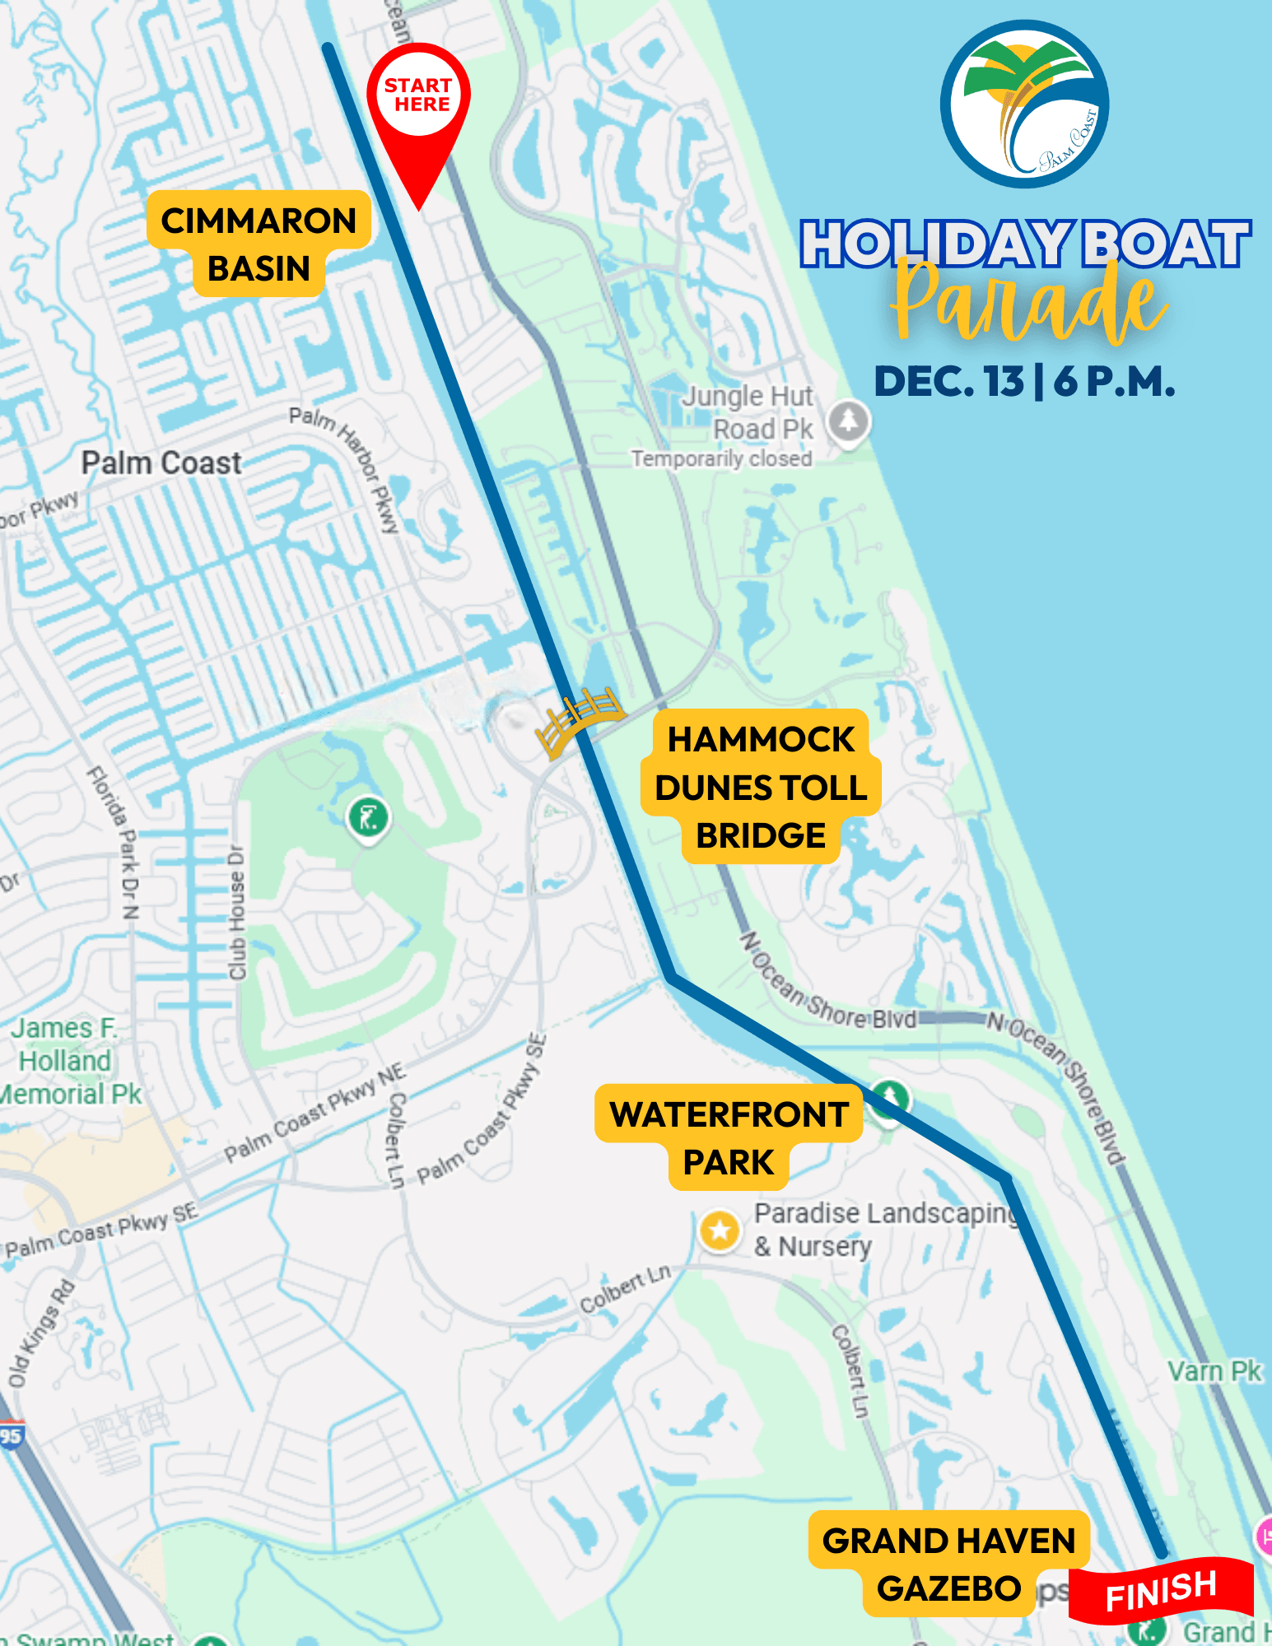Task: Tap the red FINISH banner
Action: pos(1161,1591)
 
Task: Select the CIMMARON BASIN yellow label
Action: pos(259,244)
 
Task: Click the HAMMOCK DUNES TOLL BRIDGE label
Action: pos(761,787)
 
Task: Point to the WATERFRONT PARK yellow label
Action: pos(729,1137)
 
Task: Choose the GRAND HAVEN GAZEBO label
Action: pos(948,1564)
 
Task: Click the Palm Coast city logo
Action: pos(1024,105)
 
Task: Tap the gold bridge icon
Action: pos(578,717)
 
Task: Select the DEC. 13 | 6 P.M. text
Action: pos(1024,382)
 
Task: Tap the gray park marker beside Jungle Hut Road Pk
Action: pos(849,421)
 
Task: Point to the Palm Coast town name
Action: pos(161,463)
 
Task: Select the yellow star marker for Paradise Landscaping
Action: pos(720,1230)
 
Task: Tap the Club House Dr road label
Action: pos(237,912)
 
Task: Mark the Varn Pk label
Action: pos(1214,1372)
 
